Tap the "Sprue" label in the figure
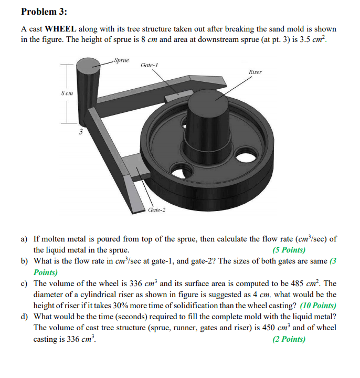point(121,60)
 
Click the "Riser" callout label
point(255,71)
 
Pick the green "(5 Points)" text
point(289,250)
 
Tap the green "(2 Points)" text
point(289,339)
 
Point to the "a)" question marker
point(25,239)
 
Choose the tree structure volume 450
point(262,328)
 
